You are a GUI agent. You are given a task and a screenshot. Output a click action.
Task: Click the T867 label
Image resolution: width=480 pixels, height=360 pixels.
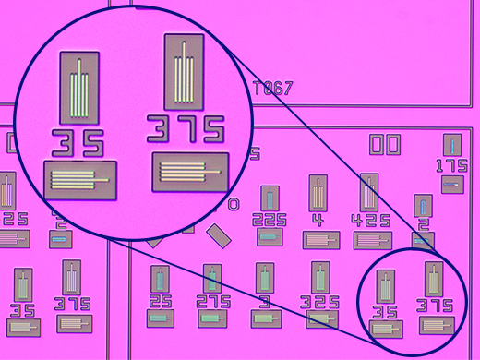(273, 89)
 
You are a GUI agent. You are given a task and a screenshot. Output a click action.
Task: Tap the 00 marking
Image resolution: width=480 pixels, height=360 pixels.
(384, 145)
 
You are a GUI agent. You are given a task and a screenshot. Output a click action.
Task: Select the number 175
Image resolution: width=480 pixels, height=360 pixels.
(452, 166)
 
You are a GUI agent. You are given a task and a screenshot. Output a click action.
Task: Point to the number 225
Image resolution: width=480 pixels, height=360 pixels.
(269, 220)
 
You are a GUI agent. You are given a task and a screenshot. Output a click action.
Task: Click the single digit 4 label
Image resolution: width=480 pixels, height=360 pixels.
(318, 220)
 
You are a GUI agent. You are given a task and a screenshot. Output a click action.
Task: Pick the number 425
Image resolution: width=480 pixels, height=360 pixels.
(368, 220)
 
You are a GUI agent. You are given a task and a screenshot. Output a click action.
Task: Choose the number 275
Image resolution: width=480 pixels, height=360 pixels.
(213, 302)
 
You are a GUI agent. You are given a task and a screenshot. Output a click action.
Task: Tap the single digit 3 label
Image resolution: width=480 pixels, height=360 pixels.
(265, 302)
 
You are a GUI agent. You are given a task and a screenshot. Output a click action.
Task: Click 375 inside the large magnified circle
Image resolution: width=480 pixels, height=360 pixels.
(188, 129)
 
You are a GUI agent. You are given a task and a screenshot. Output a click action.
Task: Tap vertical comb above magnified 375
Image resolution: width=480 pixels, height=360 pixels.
(186, 72)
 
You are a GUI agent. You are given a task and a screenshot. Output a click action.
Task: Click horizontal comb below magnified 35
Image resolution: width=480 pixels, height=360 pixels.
(79, 177)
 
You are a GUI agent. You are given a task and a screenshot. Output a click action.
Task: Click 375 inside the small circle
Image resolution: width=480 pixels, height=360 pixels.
(437, 306)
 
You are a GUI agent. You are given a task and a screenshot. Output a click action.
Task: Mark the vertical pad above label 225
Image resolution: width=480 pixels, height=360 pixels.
(269, 198)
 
